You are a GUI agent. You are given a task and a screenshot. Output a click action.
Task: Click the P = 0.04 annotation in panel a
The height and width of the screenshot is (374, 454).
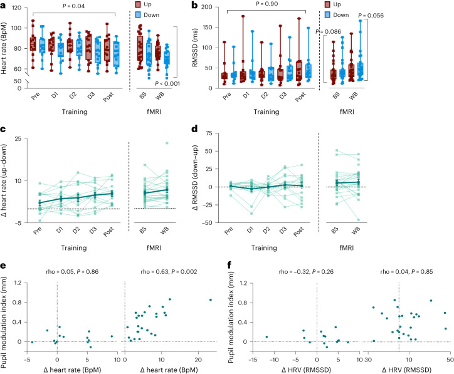point(73,6)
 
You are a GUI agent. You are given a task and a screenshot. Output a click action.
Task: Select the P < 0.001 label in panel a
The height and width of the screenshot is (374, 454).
point(167,83)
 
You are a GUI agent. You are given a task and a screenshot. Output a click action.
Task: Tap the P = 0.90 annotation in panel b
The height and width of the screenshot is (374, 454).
point(267,4)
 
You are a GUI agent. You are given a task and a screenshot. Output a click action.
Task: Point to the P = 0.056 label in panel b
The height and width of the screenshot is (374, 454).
point(371,16)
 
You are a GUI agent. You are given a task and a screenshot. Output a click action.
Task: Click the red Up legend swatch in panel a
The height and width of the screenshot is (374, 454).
point(138,4)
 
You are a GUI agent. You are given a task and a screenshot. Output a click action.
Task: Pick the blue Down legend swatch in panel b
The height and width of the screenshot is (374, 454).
point(327,15)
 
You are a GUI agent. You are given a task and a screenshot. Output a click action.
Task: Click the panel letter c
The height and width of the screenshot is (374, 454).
point(3,129)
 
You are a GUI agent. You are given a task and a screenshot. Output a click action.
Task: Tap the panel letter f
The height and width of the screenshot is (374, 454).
point(230,264)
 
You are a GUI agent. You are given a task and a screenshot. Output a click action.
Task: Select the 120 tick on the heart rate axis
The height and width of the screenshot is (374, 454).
point(16,8)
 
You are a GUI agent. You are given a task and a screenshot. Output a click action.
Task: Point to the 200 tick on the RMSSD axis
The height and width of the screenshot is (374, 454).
point(207,7)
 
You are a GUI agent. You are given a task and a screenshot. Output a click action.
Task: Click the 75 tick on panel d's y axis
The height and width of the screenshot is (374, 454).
point(209,133)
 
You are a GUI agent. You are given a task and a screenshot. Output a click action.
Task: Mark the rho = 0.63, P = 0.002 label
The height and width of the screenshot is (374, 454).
point(169,272)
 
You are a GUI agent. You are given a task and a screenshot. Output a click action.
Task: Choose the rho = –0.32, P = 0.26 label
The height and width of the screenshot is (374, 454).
point(306,272)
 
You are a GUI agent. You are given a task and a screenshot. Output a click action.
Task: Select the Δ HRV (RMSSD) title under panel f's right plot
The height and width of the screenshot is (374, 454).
point(406,370)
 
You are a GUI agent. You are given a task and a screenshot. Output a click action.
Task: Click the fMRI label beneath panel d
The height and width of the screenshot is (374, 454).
point(347,248)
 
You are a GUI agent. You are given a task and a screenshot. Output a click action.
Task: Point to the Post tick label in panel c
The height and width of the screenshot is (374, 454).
point(108,232)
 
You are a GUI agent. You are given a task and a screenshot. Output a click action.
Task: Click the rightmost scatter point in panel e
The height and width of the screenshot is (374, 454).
point(211,300)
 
